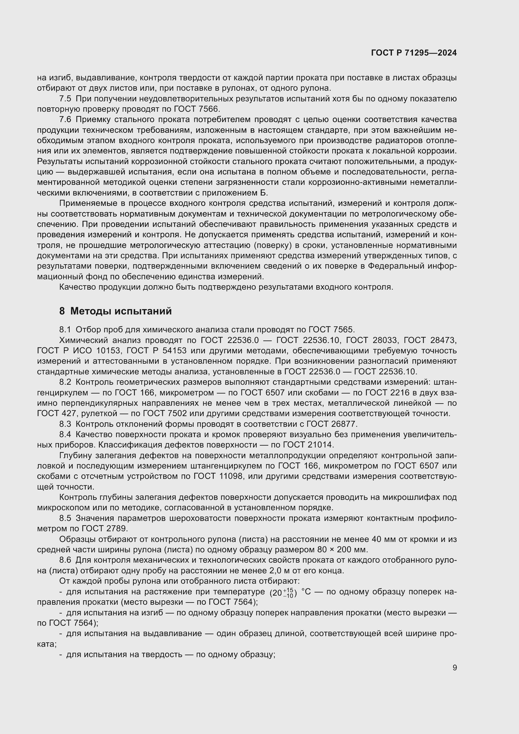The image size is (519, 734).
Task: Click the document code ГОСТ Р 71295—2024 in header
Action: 414,53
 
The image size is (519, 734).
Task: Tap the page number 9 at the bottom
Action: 454,668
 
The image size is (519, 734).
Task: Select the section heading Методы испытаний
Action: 121,311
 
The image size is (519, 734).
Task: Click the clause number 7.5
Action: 65,99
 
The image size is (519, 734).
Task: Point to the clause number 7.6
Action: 65,120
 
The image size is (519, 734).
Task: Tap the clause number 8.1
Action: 65,329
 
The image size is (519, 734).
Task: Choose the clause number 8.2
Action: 65,382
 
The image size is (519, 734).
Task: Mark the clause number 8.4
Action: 65,434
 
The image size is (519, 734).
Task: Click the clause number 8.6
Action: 65,560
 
